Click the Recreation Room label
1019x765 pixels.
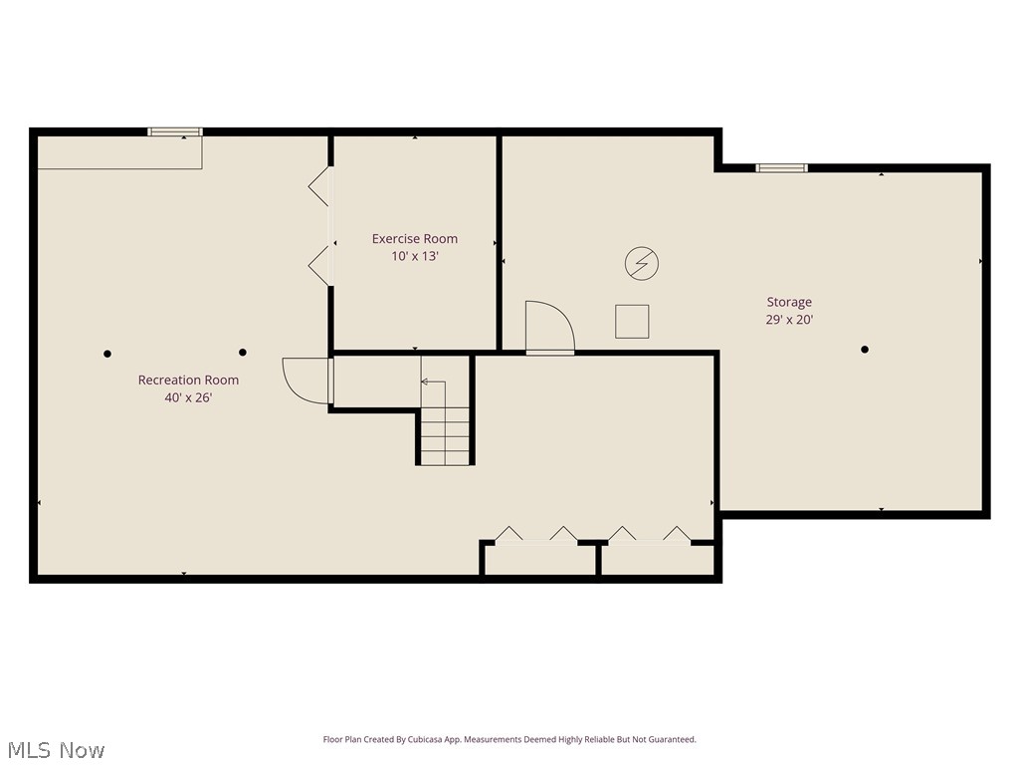[x=188, y=380]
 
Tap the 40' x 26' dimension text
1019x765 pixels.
[x=188, y=397]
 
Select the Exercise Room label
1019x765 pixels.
[x=415, y=238]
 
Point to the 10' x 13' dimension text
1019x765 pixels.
[x=415, y=256]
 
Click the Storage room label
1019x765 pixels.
[x=789, y=302]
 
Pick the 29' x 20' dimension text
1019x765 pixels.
[x=789, y=320]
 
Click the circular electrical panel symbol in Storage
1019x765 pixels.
[x=642, y=264]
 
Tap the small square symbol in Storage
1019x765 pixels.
[x=632, y=322]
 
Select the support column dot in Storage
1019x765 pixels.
[x=865, y=349]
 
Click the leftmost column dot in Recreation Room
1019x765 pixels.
[x=107, y=354]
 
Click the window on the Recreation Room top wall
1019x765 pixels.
[x=175, y=131]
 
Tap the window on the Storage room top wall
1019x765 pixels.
[x=781, y=167]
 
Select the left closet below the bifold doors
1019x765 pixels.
[x=539, y=559]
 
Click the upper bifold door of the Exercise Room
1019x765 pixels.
[x=319, y=187]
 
